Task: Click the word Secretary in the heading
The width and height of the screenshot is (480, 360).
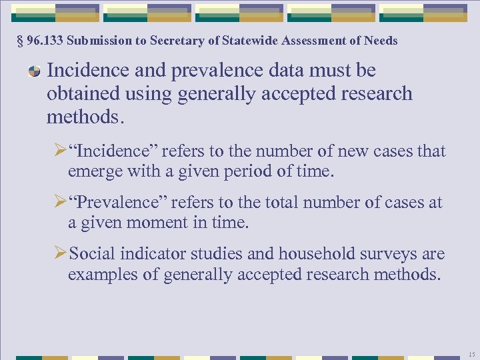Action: click(x=175, y=41)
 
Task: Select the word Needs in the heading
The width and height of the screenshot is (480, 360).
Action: click(x=381, y=41)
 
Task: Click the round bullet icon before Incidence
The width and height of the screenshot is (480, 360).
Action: click(x=33, y=71)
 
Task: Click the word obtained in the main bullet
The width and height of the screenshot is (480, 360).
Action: click(x=76, y=94)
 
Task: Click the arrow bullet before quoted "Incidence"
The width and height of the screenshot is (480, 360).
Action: click(x=60, y=151)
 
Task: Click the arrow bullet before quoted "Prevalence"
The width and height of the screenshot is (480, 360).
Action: click(x=60, y=202)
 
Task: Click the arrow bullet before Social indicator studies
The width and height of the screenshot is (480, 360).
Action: click(x=60, y=253)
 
